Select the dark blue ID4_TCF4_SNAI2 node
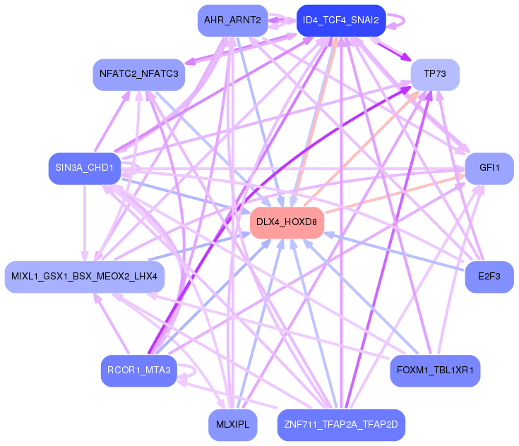341,20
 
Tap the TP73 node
435,74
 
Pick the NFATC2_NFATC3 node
138,74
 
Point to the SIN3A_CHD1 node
85,169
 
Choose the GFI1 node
489,169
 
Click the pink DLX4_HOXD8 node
287,222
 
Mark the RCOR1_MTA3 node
138,371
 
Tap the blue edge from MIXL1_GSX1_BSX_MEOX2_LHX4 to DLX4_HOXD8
198,247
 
